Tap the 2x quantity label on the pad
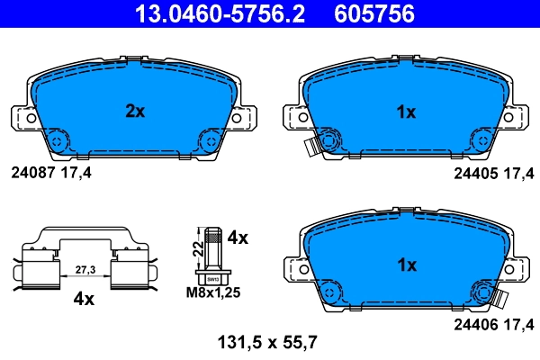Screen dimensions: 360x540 tap(134, 112)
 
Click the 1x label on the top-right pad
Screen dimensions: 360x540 tap(407, 112)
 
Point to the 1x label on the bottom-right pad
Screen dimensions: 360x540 tap(407, 265)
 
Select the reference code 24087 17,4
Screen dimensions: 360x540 tap(50, 169)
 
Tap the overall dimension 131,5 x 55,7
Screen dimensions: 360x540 tap(268, 342)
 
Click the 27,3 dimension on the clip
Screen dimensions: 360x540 tap(85, 268)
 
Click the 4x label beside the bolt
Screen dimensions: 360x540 tap(238, 238)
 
